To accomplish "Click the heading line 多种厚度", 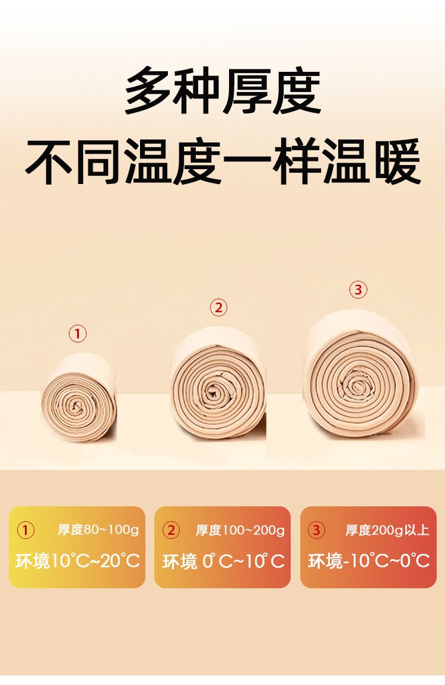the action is [223, 90].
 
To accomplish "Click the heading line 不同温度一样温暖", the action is [223, 161].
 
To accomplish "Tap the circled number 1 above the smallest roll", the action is [78, 334].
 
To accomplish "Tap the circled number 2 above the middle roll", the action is [218, 307].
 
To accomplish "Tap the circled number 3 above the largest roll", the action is [358, 290].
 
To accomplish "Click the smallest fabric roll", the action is [79, 398].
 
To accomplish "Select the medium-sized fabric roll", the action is [218, 383].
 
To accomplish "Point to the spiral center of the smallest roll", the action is [77, 408].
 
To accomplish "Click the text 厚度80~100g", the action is [98, 530].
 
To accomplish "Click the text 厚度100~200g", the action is [240, 530].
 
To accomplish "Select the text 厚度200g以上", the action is [387, 530].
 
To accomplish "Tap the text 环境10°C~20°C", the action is [78, 561].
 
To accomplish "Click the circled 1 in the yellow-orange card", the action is [26, 530].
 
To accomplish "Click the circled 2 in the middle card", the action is [171, 530].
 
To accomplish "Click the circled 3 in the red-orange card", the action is [316, 530].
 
